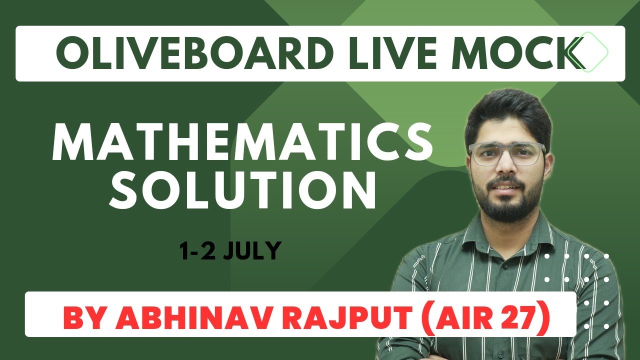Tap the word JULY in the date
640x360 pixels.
click(x=251, y=250)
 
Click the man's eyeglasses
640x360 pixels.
click(x=506, y=154)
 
